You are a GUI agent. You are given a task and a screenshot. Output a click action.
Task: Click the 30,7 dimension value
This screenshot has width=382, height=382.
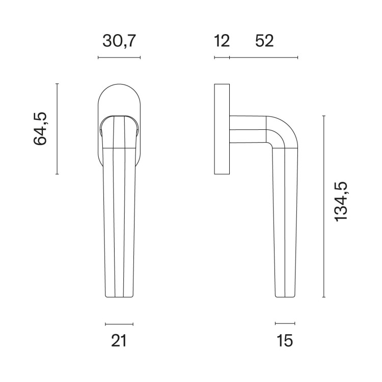(119, 41)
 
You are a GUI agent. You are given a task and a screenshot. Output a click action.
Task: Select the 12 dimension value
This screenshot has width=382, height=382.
(222, 41)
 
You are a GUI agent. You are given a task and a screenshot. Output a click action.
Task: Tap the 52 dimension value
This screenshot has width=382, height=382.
(264, 41)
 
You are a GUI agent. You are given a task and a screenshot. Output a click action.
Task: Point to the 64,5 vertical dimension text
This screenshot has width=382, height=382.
(40, 129)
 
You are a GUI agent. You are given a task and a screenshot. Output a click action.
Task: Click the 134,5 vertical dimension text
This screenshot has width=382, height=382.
(341, 202)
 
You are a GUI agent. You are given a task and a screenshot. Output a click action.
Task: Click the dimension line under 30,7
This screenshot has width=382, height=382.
(119, 58)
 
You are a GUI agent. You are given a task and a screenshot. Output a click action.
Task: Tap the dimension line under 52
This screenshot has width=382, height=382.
(264, 58)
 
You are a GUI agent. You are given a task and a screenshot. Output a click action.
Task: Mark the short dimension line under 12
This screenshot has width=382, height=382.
(222, 58)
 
